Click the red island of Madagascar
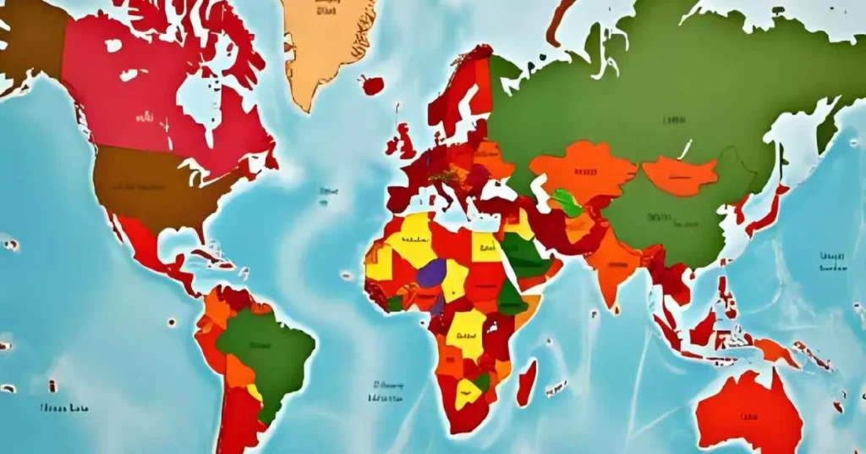[526, 383]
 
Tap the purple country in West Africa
[431, 273]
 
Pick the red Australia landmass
[748, 411]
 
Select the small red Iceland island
[372, 85]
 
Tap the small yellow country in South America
[254, 392]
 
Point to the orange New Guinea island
[775, 349]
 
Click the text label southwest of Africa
[386, 390]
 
